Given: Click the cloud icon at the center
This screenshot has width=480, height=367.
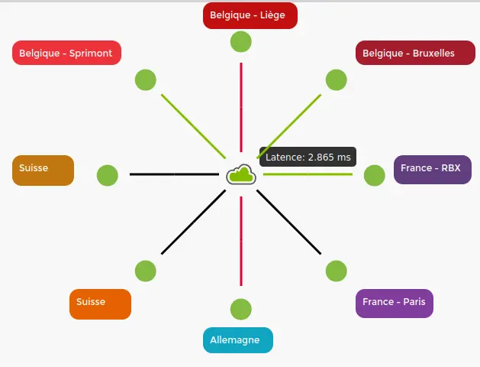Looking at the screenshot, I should tap(241, 174).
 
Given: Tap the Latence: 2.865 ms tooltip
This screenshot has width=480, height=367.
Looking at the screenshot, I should tap(308, 157).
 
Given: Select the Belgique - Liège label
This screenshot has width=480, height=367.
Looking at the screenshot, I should tap(250, 15).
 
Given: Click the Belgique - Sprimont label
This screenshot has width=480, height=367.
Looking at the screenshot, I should tap(66, 53).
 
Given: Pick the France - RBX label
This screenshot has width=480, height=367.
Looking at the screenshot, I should tap(433, 169).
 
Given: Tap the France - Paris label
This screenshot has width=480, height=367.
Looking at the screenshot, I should tap(394, 303).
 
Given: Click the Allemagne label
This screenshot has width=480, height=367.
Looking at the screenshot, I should tap(237, 340).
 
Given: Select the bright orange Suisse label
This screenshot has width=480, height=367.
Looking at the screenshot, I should tap(100, 304).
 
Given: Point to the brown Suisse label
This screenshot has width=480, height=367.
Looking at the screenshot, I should tap(43, 170).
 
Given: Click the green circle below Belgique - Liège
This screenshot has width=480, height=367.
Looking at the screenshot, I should tap(241, 41).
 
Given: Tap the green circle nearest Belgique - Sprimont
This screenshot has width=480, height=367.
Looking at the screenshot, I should tap(146, 80).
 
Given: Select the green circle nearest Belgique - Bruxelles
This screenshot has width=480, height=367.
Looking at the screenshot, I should tap(337, 80).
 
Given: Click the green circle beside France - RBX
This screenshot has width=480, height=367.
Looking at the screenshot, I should tap(375, 175).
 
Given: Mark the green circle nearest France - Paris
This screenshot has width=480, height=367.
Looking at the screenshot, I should tap(337, 271).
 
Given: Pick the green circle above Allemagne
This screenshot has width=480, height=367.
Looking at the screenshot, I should tap(241, 309).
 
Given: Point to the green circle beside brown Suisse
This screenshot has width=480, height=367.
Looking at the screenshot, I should tap(108, 175).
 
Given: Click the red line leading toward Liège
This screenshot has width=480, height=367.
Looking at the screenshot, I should tap(241, 99).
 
